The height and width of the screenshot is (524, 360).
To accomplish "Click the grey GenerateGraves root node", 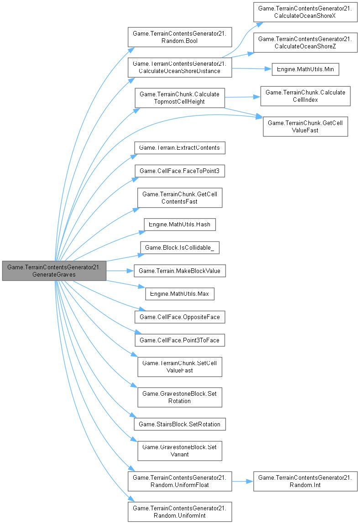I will pyautogui.click(x=54, y=271).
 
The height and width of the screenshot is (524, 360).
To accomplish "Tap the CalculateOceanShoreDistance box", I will pyautogui.click(x=180, y=67).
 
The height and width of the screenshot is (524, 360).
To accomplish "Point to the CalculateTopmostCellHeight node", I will pyautogui.click(x=179, y=98).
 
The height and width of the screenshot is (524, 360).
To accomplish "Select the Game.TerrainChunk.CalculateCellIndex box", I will pyautogui.click(x=305, y=96).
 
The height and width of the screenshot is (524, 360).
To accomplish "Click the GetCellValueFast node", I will pyautogui.click(x=305, y=126).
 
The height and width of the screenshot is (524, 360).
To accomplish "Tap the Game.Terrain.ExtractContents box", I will pyautogui.click(x=179, y=147).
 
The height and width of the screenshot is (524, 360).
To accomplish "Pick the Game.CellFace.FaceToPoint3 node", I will pyautogui.click(x=179, y=171).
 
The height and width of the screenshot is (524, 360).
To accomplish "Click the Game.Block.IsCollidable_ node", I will pyautogui.click(x=179, y=247).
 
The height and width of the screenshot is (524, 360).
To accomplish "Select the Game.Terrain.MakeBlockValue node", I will pyautogui.click(x=179, y=271).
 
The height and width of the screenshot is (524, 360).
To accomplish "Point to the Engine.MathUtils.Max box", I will pyautogui.click(x=179, y=294).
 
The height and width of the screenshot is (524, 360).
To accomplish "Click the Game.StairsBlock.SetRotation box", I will pyautogui.click(x=179, y=424).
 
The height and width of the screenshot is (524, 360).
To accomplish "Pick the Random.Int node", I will pyautogui.click(x=305, y=481).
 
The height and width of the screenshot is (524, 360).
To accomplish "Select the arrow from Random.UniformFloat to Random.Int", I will pyautogui.click(x=242, y=481).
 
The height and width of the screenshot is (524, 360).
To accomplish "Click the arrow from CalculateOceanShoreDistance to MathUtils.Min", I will pyautogui.click(x=249, y=69).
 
